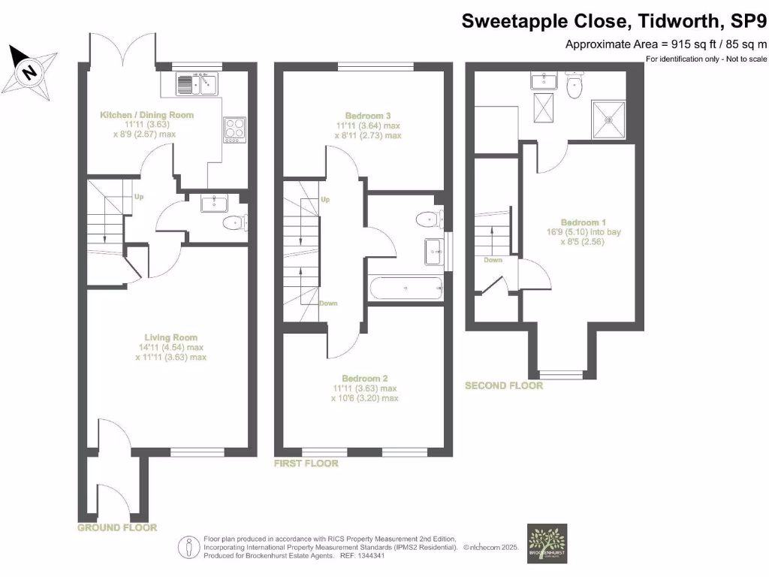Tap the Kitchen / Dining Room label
(147, 115)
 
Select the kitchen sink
(197, 84)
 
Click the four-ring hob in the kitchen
(234, 129)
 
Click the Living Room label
(171, 337)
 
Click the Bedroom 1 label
(584, 222)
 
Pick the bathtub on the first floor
(406, 288)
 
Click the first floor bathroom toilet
(428, 219)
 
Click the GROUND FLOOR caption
(117, 527)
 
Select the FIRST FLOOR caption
(306, 464)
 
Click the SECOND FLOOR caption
(504, 385)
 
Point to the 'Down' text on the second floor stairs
(493, 260)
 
